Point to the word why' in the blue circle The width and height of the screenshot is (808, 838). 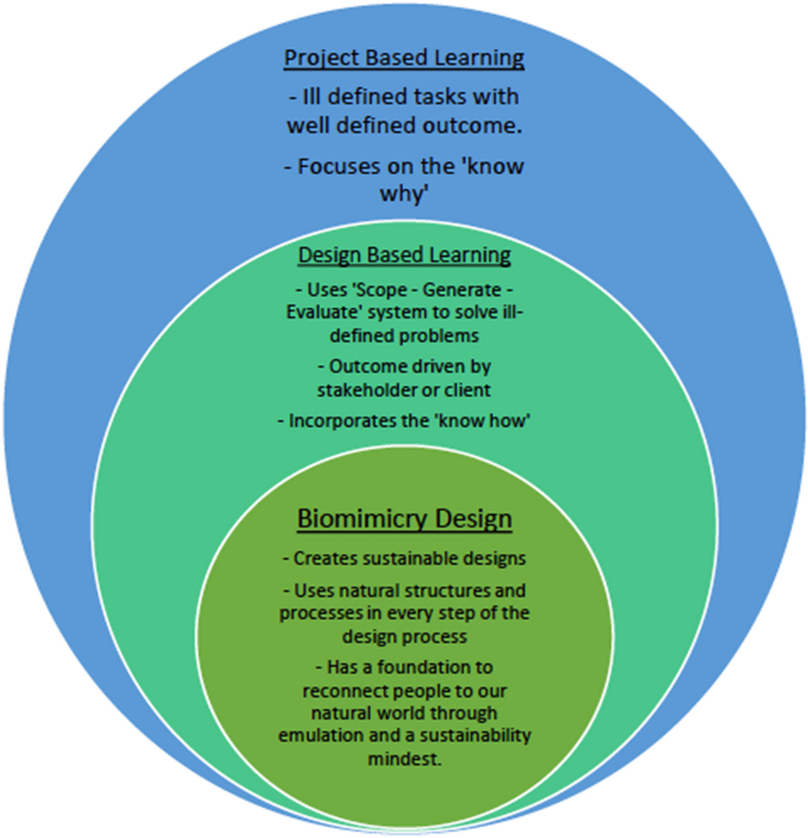click(404, 194)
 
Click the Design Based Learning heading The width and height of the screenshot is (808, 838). click(404, 255)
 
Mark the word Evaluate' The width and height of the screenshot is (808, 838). click(319, 313)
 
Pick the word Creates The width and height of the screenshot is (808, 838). click(323, 558)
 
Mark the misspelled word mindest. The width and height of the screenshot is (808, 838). click(404, 759)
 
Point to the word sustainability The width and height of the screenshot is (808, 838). click(475, 735)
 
